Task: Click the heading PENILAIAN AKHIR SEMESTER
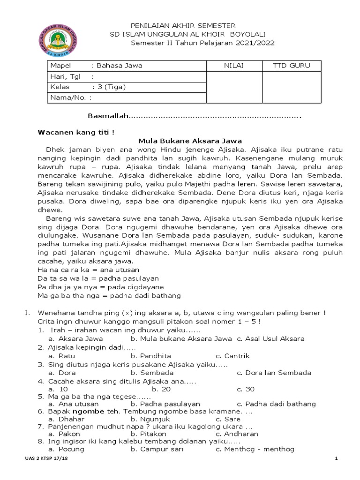point(182,25)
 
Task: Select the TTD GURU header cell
point(291,66)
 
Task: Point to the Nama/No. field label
point(71,97)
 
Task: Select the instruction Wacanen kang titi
point(76,132)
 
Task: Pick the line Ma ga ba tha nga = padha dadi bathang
point(109,295)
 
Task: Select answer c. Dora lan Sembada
point(274,373)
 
